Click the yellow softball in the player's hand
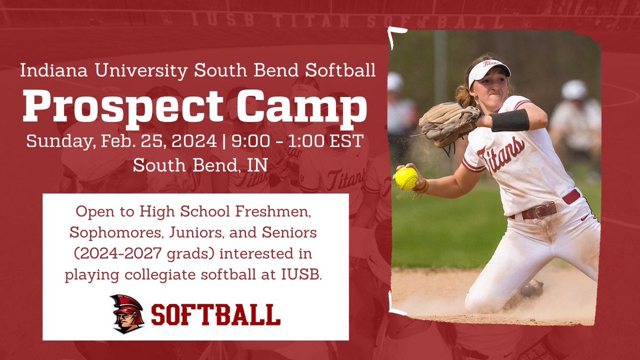pos(406,179)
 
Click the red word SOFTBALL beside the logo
pos(215,315)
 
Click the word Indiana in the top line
pos(48,70)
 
